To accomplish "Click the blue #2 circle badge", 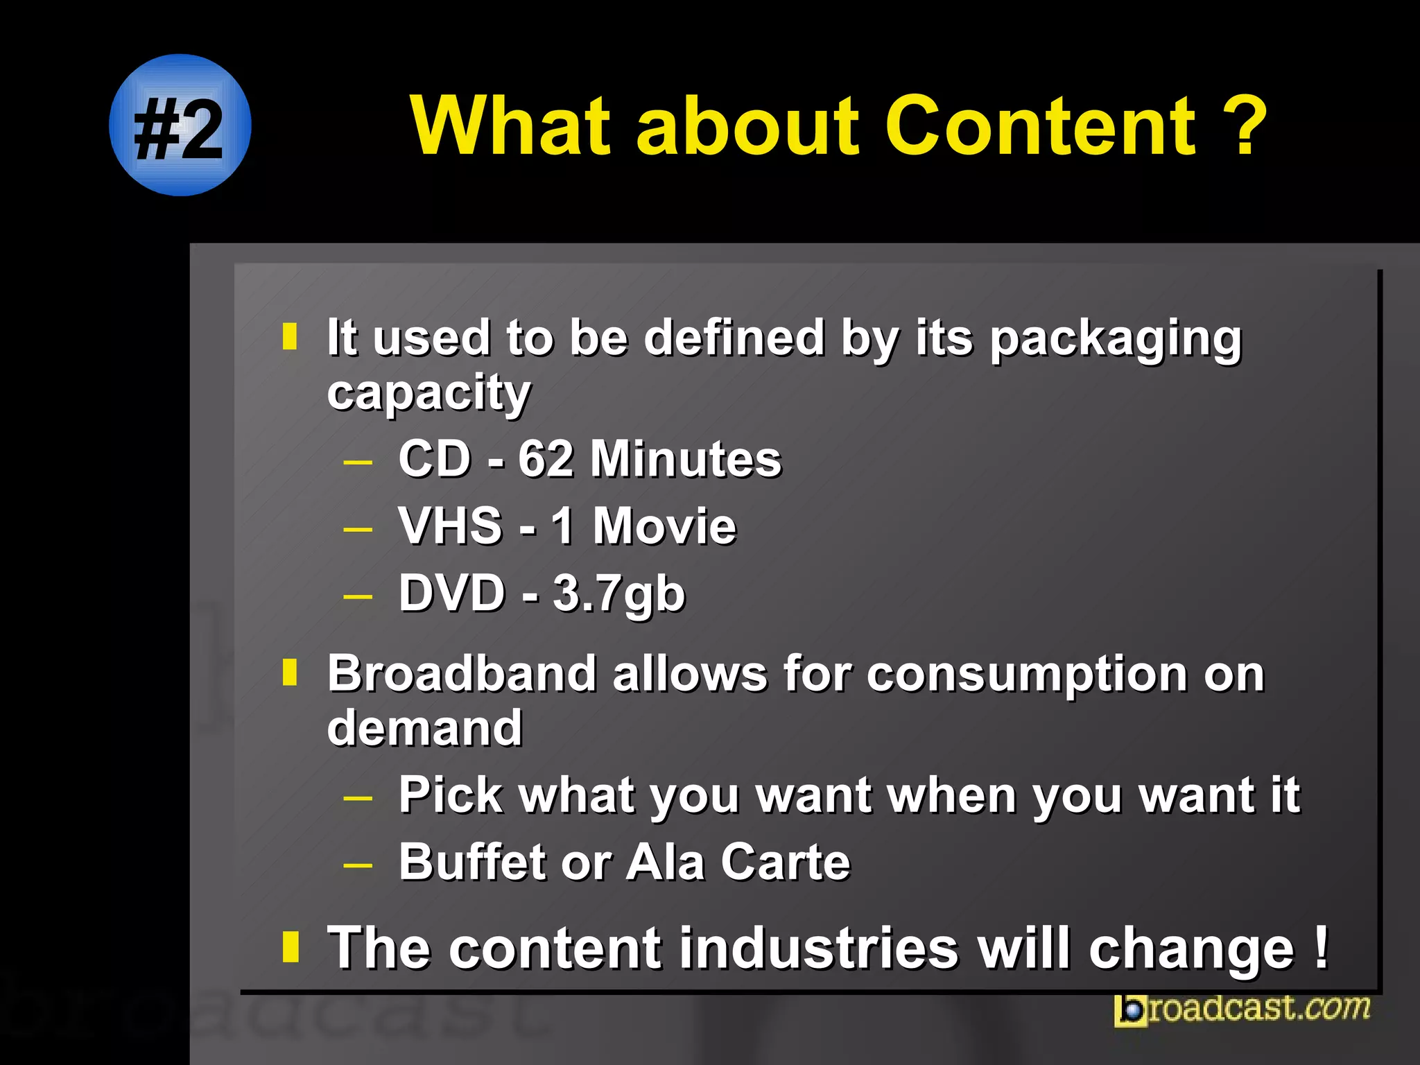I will tap(180, 125).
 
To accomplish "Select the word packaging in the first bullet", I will tap(1115, 340).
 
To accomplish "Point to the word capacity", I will tap(428, 394).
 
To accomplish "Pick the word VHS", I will tap(451, 526).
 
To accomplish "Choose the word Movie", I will tap(664, 526).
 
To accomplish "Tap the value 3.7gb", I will tap(618, 594).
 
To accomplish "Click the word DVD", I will tap(452, 594).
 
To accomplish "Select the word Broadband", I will tap(462, 673).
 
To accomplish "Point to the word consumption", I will tap(1026, 675).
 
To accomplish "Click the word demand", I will tap(424, 727).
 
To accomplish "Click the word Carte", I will tap(785, 862).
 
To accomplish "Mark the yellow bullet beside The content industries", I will tap(291, 947).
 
